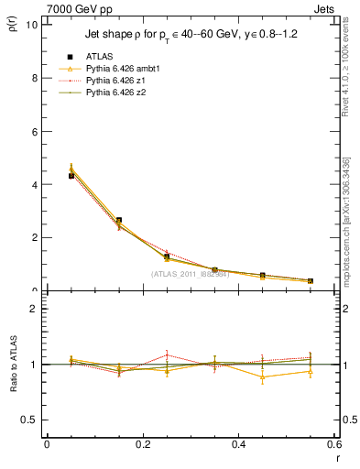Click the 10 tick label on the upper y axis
coord(33,25)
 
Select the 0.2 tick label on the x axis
coord(143,444)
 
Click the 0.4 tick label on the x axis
coord(239,444)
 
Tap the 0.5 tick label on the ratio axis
coord(31,420)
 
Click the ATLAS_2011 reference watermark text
coord(190,273)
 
